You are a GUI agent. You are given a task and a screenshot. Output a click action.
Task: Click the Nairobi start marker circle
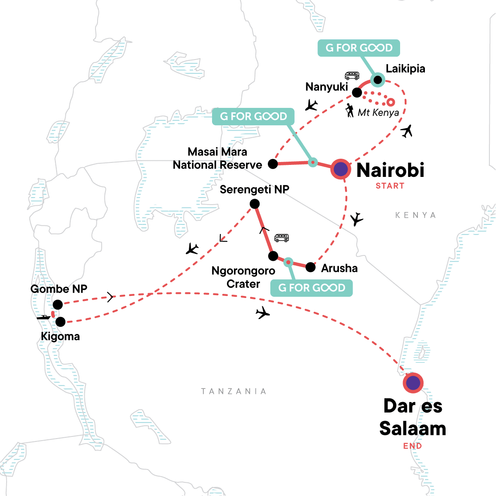(x=341, y=169)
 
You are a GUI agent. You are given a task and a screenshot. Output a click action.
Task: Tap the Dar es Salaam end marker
(x=413, y=383)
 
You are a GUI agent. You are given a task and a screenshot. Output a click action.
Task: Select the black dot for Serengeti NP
(x=255, y=204)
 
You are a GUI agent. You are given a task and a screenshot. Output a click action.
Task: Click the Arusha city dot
(x=310, y=267)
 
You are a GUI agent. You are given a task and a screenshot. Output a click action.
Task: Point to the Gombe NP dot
(x=58, y=305)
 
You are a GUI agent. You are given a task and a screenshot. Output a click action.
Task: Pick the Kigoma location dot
(x=60, y=322)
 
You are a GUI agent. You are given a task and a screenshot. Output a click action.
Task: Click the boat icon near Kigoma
(x=43, y=317)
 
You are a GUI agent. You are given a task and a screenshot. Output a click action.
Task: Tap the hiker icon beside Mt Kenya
(x=350, y=110)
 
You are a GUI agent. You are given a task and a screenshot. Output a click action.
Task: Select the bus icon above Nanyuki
(x=352, y=76)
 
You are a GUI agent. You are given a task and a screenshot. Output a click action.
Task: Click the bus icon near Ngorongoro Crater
(x=281, y=238)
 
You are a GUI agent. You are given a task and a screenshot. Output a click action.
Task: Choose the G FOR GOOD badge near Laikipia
(x=358, y=48)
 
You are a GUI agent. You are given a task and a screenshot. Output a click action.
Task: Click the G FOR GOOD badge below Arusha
(x=311, y=288)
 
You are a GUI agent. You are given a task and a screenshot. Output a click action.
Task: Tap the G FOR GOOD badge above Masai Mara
(x=253, y=117)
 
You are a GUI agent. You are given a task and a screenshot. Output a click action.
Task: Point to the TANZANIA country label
(x=234, y=391)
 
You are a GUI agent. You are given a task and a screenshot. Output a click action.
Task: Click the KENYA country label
(x=415, y=215)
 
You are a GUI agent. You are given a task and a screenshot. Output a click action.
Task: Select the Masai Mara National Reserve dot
(x=273, y=164)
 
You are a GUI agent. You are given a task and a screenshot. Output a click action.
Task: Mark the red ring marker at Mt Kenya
(x=390, y=102)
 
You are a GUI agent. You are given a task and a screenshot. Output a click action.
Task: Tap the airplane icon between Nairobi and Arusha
(x=356, y=219)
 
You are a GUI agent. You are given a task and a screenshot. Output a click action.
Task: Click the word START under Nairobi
(x=390, y=186)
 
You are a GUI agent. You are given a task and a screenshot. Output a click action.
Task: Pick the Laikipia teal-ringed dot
(x=377, y=79)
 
